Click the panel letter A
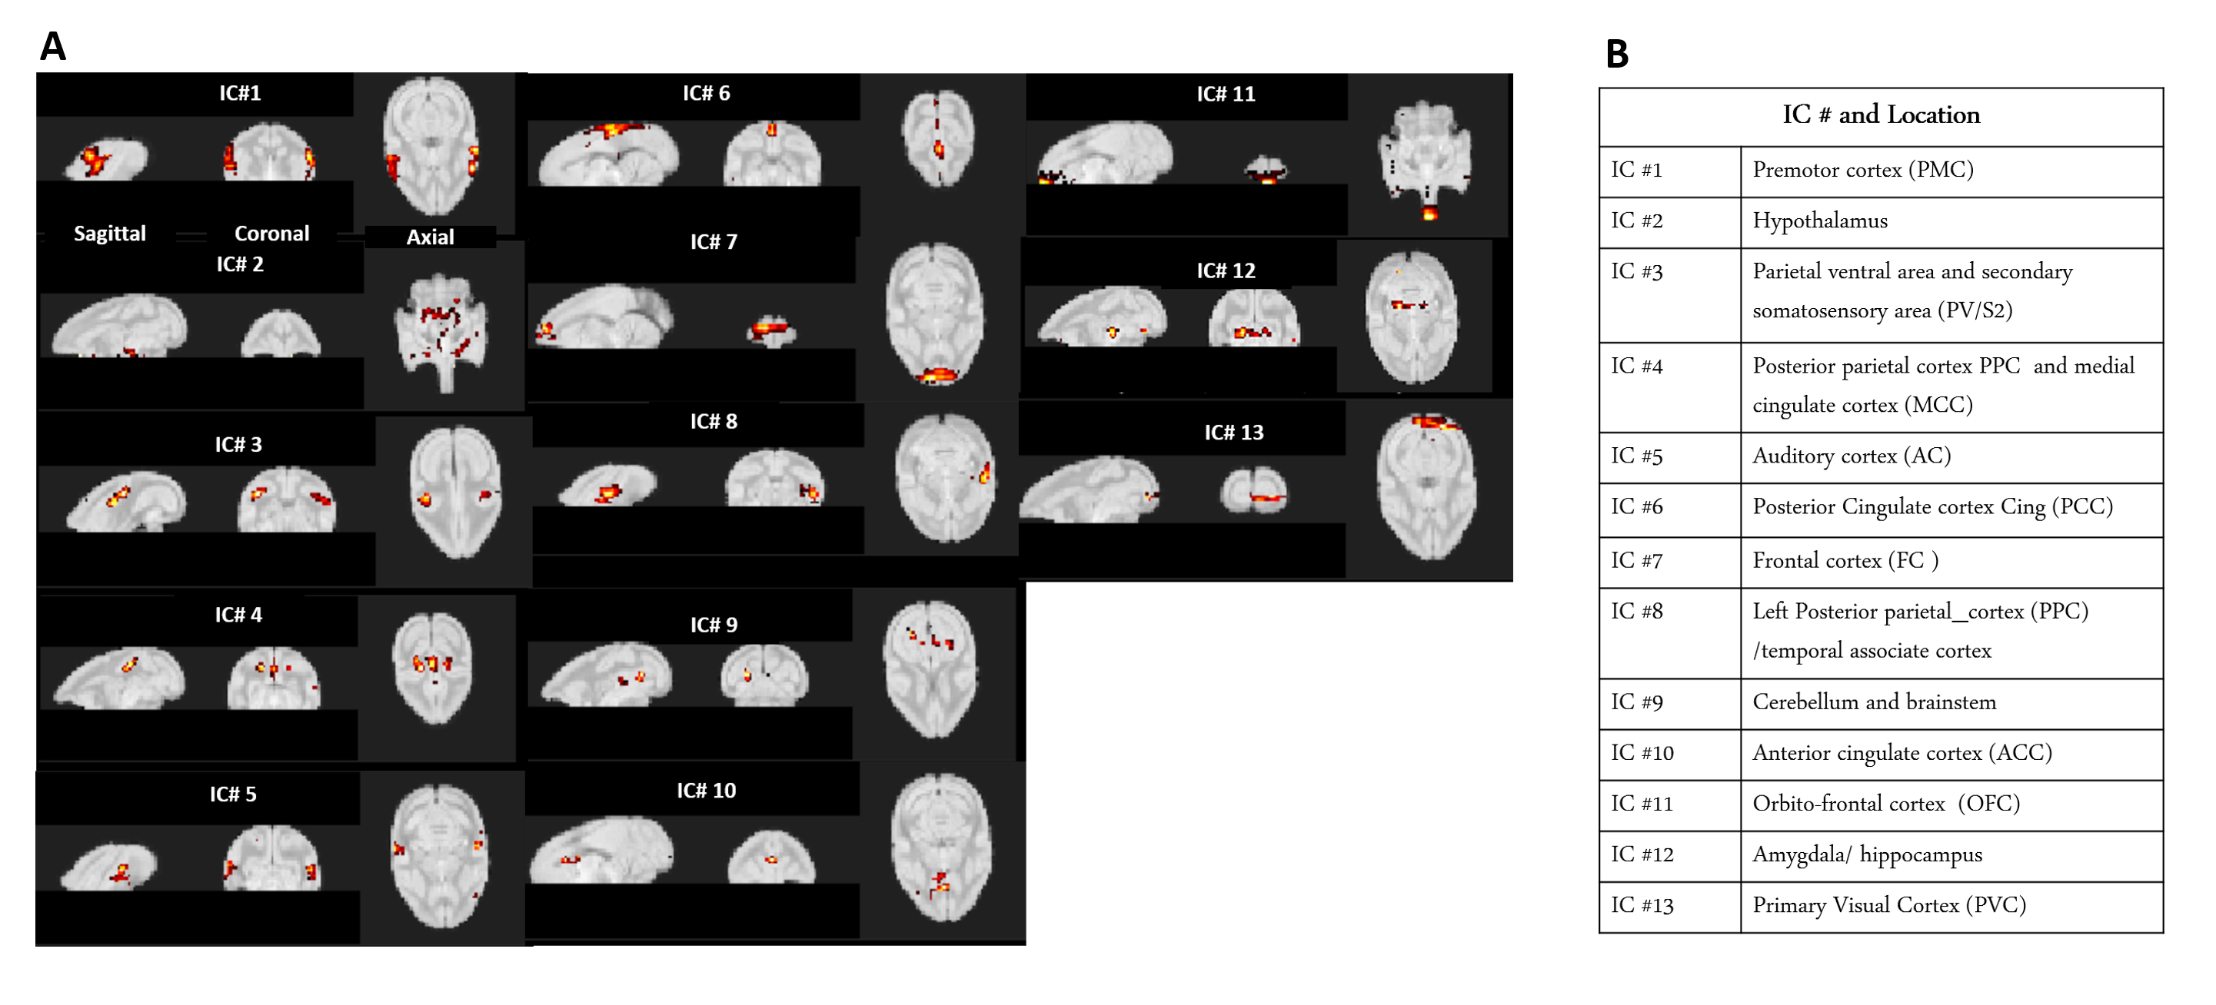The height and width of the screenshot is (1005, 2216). tap(52, 46)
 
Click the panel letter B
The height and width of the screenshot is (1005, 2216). tap(1616, 54)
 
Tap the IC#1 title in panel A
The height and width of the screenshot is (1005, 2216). tap(239, 93)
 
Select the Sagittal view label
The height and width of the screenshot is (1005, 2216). tap(110, 234)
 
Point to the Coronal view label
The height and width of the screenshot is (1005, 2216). tap(271, 234)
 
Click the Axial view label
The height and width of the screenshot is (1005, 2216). tap(429, 237)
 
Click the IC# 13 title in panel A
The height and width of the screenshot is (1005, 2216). tap(1233, 433)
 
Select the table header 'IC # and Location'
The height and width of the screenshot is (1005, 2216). tap(1881, 115)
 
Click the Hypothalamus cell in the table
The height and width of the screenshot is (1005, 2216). tap(1819, 221)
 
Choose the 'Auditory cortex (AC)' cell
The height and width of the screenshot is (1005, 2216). tap(1852, 456)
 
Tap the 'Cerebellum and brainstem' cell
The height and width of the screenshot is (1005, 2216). tap(1874, 702)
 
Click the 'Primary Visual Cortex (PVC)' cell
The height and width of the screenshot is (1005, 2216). tap(1889, 905)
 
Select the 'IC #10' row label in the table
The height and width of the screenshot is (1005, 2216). tap(1642, 753)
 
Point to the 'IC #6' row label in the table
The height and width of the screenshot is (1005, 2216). tap(1636, 507)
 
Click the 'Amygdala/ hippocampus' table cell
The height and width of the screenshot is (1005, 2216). tap(1867, 854)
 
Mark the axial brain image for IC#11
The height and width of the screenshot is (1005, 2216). tap(1426, 159)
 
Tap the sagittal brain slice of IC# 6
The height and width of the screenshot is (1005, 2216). tap(608, 154)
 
